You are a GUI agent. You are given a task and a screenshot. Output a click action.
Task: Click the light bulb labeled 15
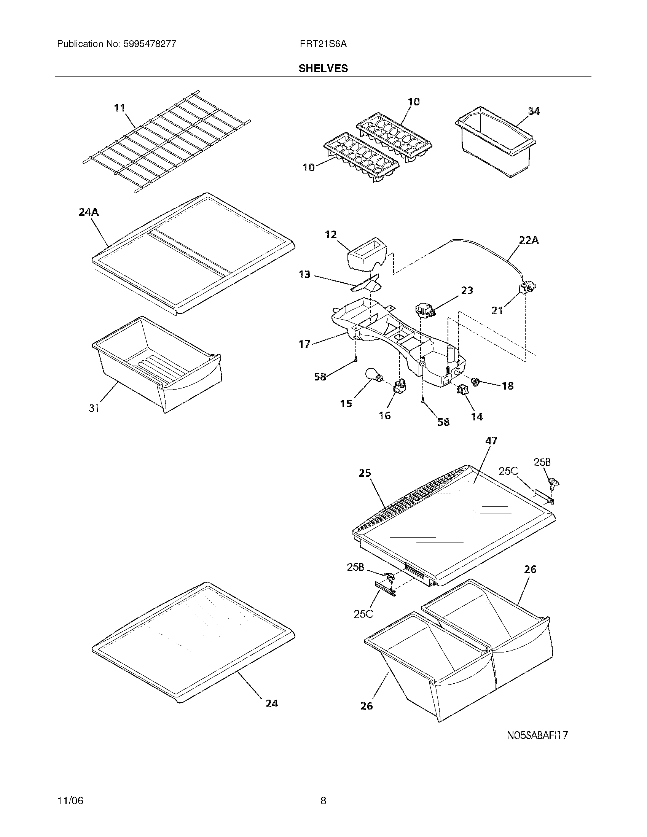coord(373,375)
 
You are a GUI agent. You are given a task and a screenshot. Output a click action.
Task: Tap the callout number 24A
coord(89,212)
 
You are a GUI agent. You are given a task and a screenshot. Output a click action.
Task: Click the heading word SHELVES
coord(323,68)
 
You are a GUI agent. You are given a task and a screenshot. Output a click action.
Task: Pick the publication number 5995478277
coord(149,44)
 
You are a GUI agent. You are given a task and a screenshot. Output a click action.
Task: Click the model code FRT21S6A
coord(323,44)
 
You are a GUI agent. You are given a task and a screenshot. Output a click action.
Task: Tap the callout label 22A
coord(529,241)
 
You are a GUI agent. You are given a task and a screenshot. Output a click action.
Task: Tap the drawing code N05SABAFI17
coord(537,735)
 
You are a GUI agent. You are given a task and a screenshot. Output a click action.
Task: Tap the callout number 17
coord(304,344)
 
